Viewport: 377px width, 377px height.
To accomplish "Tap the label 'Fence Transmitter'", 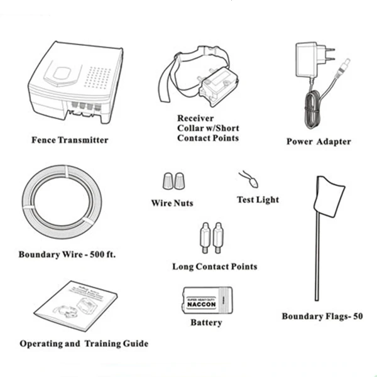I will click(x=70, y=139).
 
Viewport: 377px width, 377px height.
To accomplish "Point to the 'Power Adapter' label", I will click(x=319, y=141).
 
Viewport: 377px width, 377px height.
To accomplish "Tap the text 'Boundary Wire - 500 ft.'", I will click(x=67, y=255).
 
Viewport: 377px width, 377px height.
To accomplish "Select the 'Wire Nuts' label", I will click(x=172, y=203).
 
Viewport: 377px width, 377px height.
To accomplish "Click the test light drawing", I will click(x=250, y=181).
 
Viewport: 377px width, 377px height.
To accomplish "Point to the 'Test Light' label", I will click(x=258, y=200).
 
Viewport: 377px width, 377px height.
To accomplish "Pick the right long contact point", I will click(x=218, y=238).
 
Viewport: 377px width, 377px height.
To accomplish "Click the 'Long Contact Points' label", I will click(x=214, y=266).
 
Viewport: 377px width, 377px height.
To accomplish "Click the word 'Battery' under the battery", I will click(x=206, y=323).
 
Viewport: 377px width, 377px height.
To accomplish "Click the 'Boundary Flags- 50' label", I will click(x=322, y=317).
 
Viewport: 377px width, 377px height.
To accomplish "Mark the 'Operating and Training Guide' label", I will click(x=84, y=344).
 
